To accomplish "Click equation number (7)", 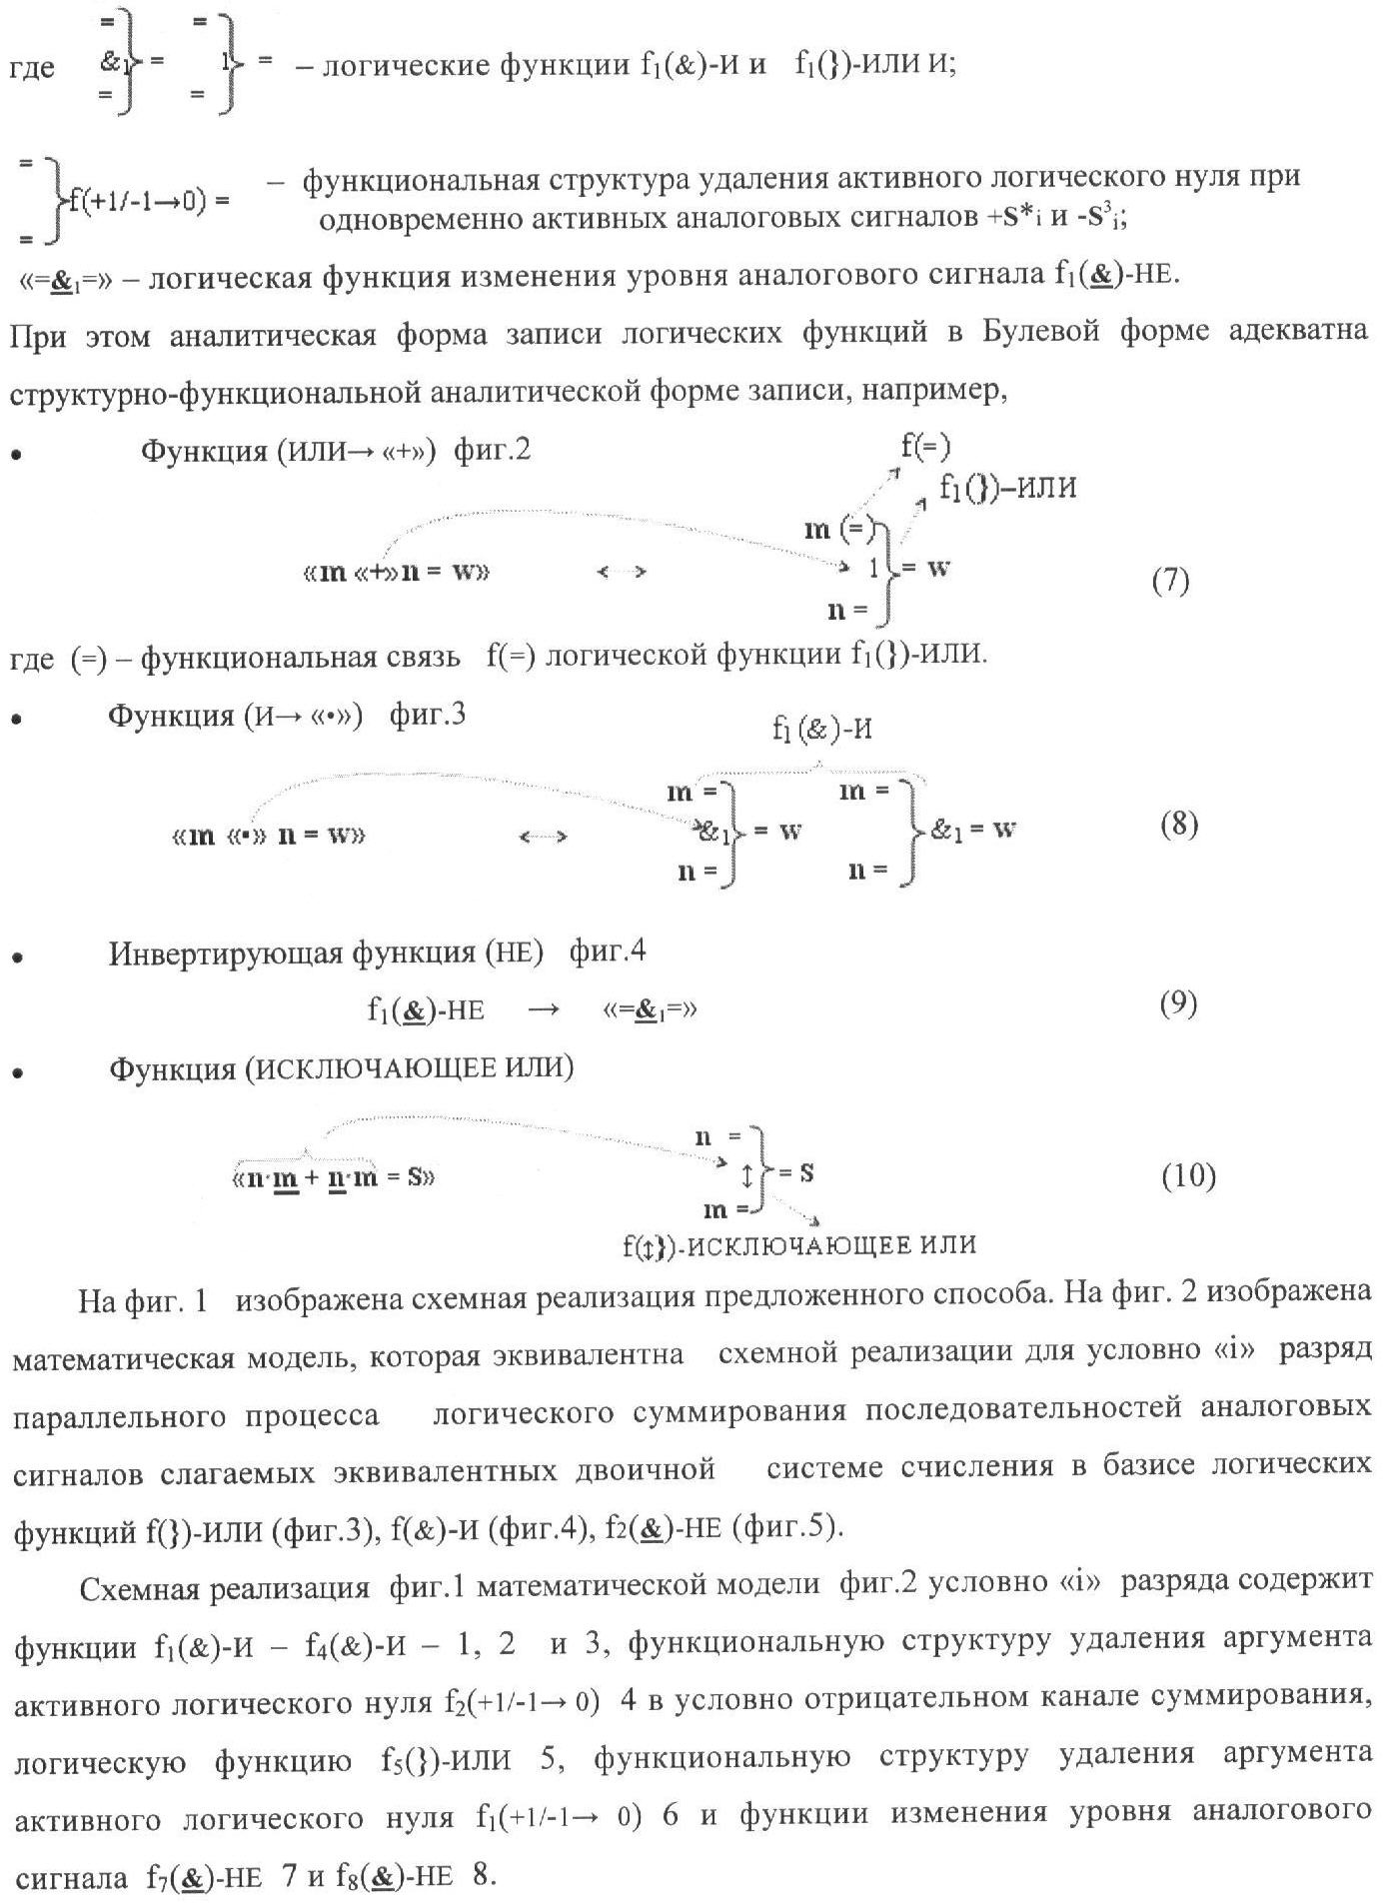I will (x=1170, y=581).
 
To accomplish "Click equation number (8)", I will (x=1179, y=825).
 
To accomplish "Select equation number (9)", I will (x=1178, y=1002).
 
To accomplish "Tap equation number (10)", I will (x=1188, y=1177).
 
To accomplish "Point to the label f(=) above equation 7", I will (x=925, y=445).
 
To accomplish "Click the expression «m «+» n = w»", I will (x=395, y=573).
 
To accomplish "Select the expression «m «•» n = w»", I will (x=268, y=836).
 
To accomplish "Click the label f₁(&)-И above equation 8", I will (x=821, y=730).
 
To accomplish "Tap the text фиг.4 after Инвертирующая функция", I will (x=608, y=952).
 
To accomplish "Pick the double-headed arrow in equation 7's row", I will (x=622, y=572).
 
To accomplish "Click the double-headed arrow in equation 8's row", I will (x=544, y=837).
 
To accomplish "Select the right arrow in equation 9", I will (x=544, y=1009).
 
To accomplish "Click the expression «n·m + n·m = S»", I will (x=334, y=1177).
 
